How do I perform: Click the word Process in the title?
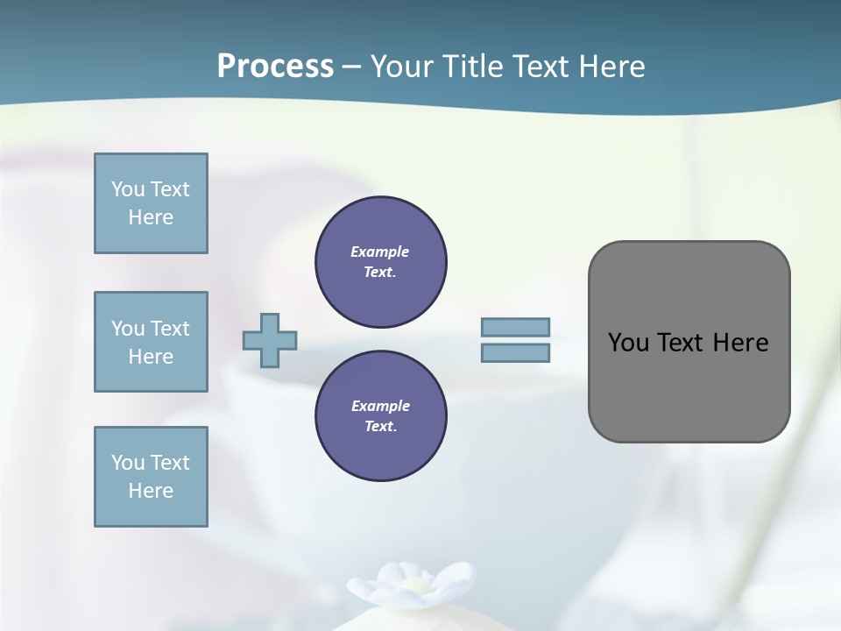[x=275, y=67]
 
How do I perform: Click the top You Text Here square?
[x=151, y=203]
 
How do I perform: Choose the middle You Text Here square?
[x=151, y=342]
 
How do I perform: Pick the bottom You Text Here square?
[x=151, y=477]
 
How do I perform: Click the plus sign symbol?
[x=270, y=340]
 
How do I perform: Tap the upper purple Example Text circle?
[x=380, y=262]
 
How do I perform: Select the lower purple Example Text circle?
[x=380, y=416]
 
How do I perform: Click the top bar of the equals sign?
[x=515, y=328]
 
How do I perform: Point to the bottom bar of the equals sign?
[x=515, y=353]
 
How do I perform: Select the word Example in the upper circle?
[x=380, y=252]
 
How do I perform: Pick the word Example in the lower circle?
[x=380, y=406]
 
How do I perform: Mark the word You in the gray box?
[x=628, y=343]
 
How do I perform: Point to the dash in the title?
[x=352, y=67]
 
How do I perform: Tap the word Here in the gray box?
[x=740, y=343]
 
